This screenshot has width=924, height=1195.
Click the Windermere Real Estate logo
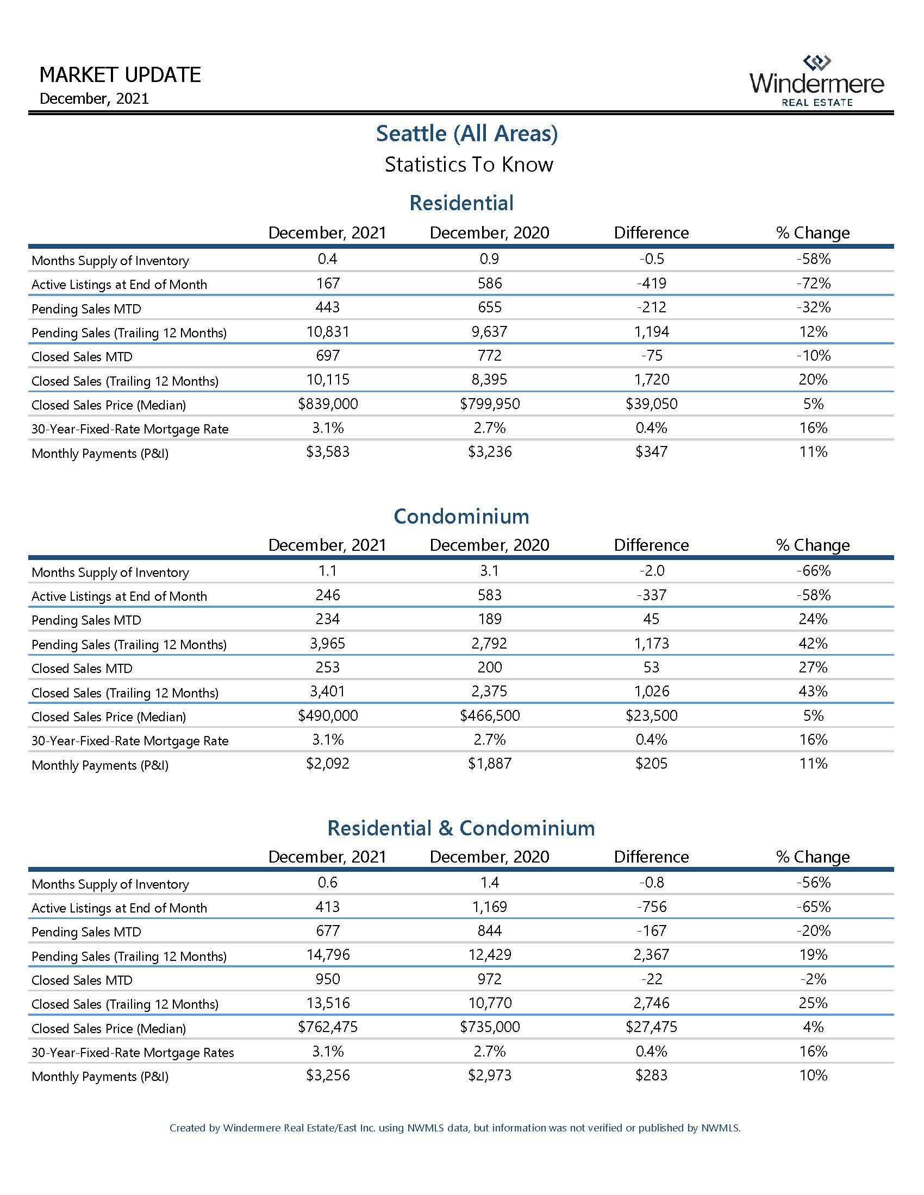pyautogui.click(x=816, y=80)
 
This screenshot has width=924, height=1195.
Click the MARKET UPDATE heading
pyautogui.click(x=120, y=75)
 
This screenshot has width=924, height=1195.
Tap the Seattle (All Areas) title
pyautogui.click(x=466, y=134)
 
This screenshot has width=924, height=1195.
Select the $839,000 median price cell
pyautogui.click(x=327, y=404)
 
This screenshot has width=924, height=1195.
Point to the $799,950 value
pyautogui.click(x=489, y=404)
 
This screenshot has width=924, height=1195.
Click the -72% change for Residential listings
pyautogui.click(x=813, y=284)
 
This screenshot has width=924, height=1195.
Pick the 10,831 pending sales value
pyautogui.click(x=327, y=331)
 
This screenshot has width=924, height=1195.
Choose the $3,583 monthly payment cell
pyautogui.click(x=327, y=452)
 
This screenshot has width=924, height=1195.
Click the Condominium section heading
pyautogui.click(x=461, y=516)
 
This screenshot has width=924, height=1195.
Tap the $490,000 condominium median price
pyautogui.click(x=327, y=716)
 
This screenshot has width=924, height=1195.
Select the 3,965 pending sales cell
pyautogui.click(x=327, y=644)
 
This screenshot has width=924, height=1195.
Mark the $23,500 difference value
pyautogui.click(x=651, y=716)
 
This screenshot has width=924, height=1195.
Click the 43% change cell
pyautogui.click(x=813, y=691)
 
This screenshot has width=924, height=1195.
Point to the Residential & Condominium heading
pyautogui.click(x=461, y=828)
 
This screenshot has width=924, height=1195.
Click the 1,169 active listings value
pyautogui.click(x=489, y=907)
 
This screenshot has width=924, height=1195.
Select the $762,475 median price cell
pyautogui.click(x=327, y=1027)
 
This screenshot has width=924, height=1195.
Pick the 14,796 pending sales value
pyautogui.click(x=327, y=955)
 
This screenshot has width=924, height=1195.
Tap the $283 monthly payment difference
pyautogui.click(x=651, y=1075)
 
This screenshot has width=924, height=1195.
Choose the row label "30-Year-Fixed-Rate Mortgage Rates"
pyautogui.click(x=133, y=1052)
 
